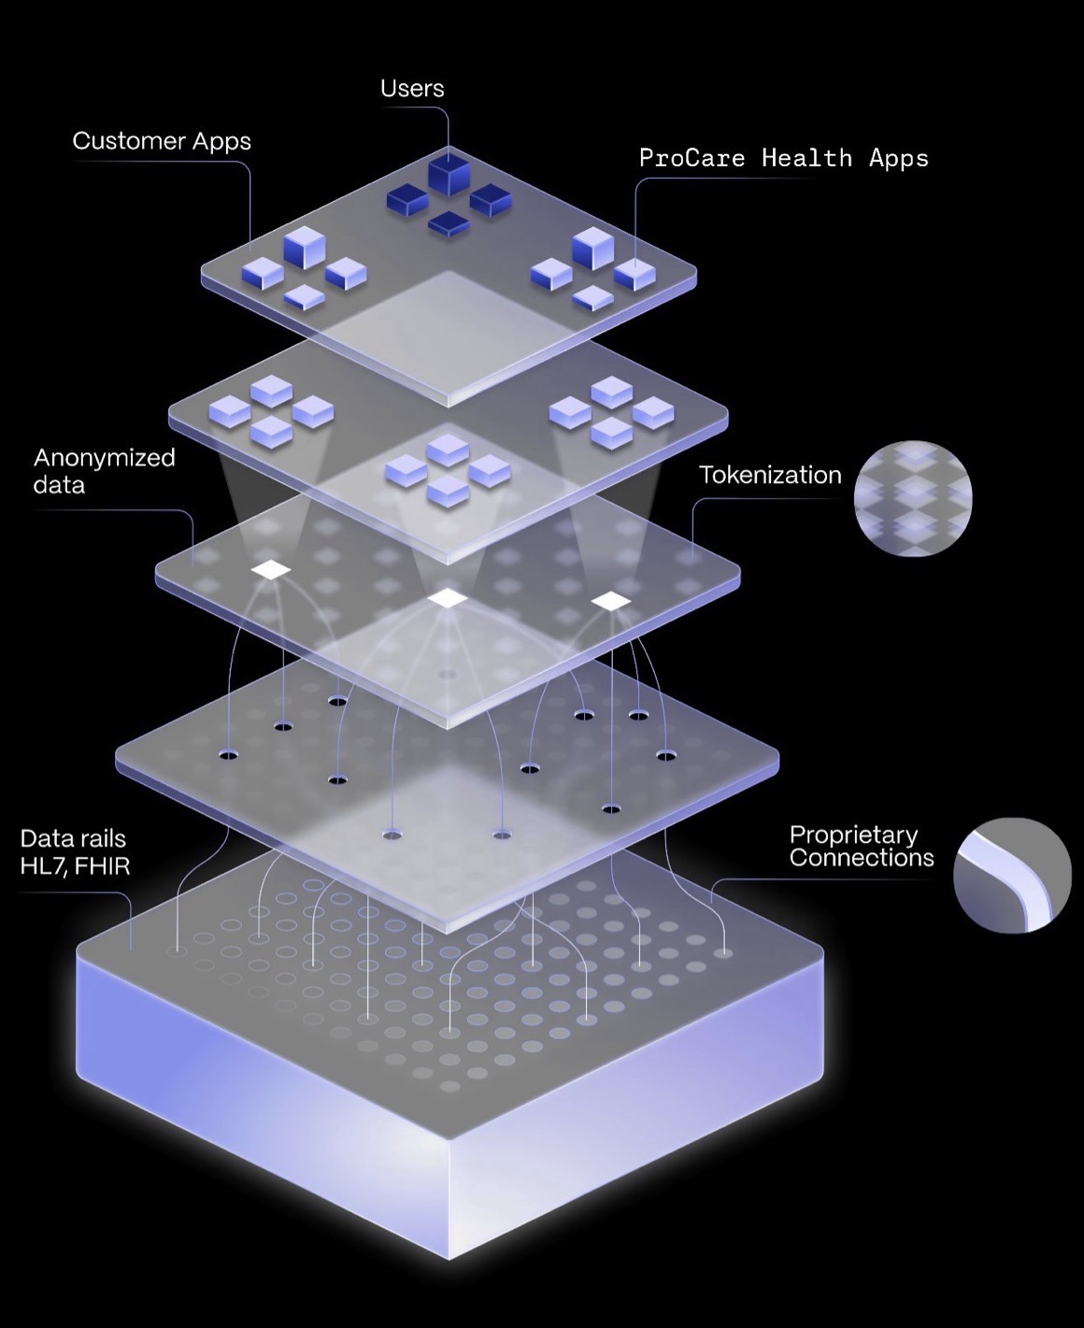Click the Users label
pyautogui.click(x=412, y=89)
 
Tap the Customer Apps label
pyautogui.click(x=162, y=142)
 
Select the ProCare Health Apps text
pyautogui.click(x=784, y=159)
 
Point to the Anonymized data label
pyautogui.click(x=104, y=471)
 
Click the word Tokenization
pyautogui.click(x=771, y=476)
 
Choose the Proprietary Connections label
pyautogui.click(x=862, y=847)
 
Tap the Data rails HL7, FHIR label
pyautogui.click(x=75, y=852)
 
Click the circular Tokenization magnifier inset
pyautogui.click(x=913, y=498)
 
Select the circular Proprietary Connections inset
pyautogui.click(x=1012, y=875)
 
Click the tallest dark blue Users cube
pyautogui.click(x=449, y=171)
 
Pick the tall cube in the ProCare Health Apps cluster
pyautogui.click(x=593, y=248)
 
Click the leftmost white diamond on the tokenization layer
pyautogui.click(x=271, y=569)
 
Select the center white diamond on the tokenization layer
pyautogui.click(x=448, y=597)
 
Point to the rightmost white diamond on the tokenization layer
pyautogui.click(x=610, y=601)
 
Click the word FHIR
pyautogui.click(x=102, y=866)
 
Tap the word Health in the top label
pyautogui.click(x=806, y=157)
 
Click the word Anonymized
pyautogui.click(x=104, y=459)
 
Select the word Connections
pyautogui.click(x=862, y=858)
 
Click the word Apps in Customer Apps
pyautogui.click(x=221, y=143)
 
